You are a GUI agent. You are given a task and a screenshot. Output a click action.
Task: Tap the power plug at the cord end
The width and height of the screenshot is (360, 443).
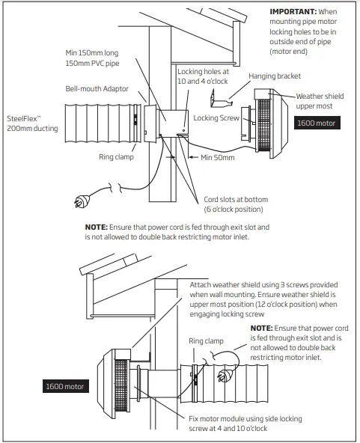79,200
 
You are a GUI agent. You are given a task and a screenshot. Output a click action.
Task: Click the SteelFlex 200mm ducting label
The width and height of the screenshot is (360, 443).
30,123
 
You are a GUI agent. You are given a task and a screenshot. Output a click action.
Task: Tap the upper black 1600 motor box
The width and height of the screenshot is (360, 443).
317,122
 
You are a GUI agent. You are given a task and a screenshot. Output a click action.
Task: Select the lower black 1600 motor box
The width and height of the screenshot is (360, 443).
64,387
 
